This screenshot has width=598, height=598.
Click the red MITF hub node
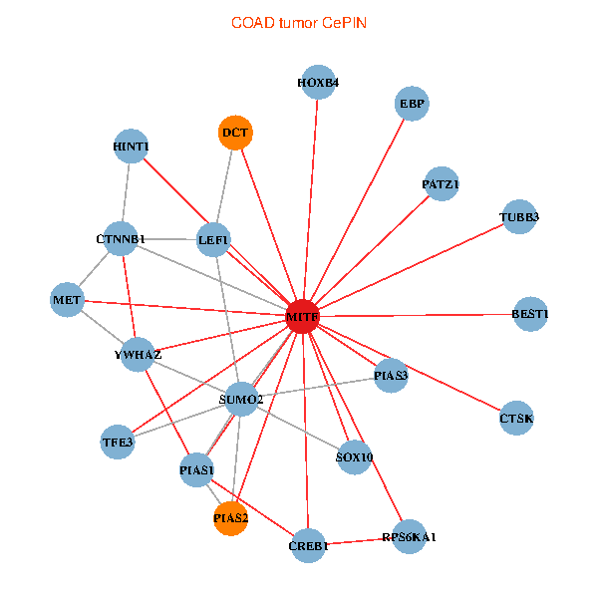click(x=303, y=316)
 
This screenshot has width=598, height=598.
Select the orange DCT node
click(x=235, y=133)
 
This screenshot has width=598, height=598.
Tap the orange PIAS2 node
click(x=230, y=517)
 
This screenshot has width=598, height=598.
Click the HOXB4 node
click(x=318, y=83)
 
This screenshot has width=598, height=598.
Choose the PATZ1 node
click(x=441, y=184)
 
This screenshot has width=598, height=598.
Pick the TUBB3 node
click(x=519, y=216)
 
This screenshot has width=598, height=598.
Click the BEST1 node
click(x=530, y=315)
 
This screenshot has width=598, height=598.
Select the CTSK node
click(x=516, y=419)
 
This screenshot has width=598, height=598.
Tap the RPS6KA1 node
click(x=410, y=537)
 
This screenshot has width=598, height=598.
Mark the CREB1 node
click(x=309, y=545)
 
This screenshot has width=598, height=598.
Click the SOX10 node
click(x=355, y=457)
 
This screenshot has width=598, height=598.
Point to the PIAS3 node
click(x=391, y=376)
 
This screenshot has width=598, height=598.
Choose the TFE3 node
click(x=118, y=441)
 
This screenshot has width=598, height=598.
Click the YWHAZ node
click(x=138, y=354)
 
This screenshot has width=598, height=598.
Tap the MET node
click(x=67, y=299)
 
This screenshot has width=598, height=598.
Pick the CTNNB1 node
click(x=122, y=239)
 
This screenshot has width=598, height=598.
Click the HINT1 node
click(x=132, y=148)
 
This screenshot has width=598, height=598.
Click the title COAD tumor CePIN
click(x=299, y=22)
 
